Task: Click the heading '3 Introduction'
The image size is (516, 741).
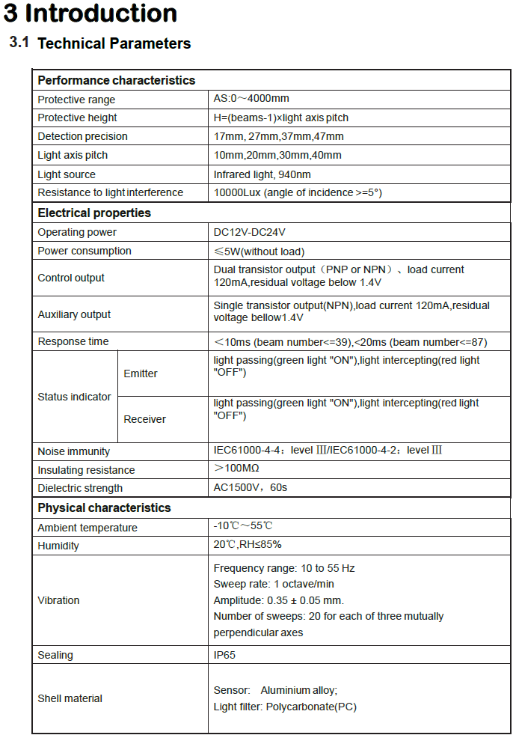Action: tap(91, 13)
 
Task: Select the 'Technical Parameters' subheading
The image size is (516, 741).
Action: tap(114, 43)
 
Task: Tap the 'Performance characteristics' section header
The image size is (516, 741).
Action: tap(116, 80)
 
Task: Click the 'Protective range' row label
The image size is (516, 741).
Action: tap(76, 100)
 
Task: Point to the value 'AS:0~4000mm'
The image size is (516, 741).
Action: tap(251, 99)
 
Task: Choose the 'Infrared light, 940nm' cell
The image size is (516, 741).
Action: tap(262, 174)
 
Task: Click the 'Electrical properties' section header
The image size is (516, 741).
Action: tap(94, 213)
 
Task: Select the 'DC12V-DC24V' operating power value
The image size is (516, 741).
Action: tap(249, 232)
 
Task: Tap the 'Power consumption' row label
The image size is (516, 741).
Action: tap(85, 251)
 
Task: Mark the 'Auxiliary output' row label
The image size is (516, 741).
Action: tap(74, 314)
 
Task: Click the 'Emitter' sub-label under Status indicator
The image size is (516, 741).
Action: tap(141, 373)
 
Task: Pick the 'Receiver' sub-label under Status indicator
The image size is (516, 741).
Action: tap(144, 419)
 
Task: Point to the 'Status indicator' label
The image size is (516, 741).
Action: tap(74, 397)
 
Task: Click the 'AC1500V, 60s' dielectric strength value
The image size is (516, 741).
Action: tap(251, 488)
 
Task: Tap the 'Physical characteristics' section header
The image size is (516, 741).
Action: tap(104, 508)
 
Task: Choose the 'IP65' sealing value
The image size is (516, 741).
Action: tap(224, 655)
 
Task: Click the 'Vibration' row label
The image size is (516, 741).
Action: tap(58, 600)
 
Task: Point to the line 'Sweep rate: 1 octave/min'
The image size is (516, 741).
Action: tap(274, 584)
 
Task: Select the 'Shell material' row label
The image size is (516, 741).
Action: tap(70, 698)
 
